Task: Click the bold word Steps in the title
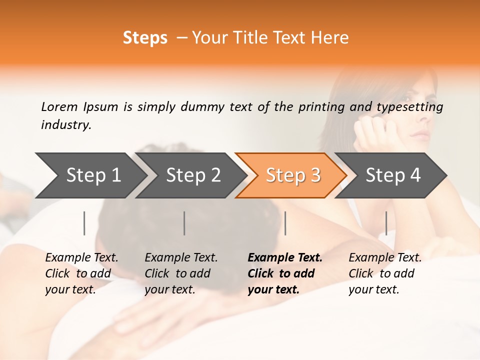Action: [145, 38]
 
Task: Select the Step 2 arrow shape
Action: [193, 175]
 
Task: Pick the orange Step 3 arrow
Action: [292, 175]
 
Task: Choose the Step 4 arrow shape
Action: [392, 175]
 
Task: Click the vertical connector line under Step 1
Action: [84, 223]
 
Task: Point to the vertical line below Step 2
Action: [184, 223]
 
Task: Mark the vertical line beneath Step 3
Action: [285, 223]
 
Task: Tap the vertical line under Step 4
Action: [386, 223]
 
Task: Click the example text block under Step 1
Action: [81, 273]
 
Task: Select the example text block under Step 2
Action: [181, 273]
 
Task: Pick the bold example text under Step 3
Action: [285, 273]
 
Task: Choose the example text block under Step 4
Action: [385, 273]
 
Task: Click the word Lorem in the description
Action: [59, 106]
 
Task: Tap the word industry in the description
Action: [66, 125]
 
